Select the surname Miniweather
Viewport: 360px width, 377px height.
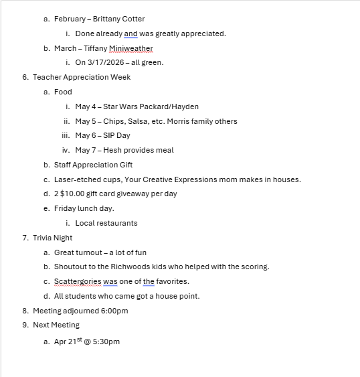coord(131,48)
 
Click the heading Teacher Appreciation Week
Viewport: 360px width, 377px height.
coord(82,77)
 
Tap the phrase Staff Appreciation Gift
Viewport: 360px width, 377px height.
coord(93,165)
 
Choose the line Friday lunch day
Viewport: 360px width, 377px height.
coord(84,208)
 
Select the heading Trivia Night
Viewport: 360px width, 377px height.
coord(53,238)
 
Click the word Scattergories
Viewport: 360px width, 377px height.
coord(78,281)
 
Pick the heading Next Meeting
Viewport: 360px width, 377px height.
coord(56,325)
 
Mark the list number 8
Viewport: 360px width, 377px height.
coord(25,311)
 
